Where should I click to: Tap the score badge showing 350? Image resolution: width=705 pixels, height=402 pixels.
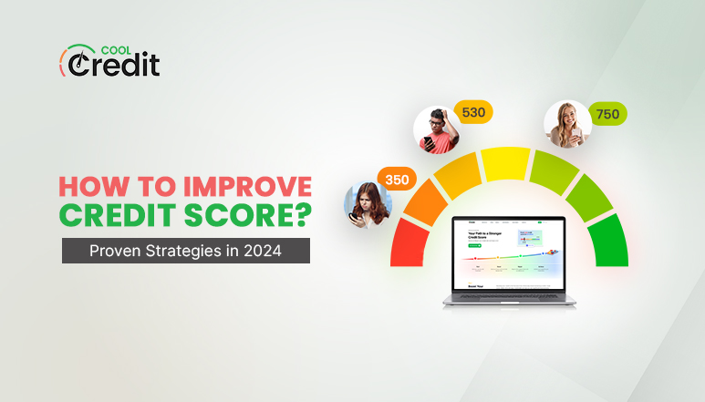coord(396,180)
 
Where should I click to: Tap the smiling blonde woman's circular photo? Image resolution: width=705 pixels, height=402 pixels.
coord(566,124)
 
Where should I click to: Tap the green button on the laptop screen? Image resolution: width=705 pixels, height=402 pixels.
coord(474,245)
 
